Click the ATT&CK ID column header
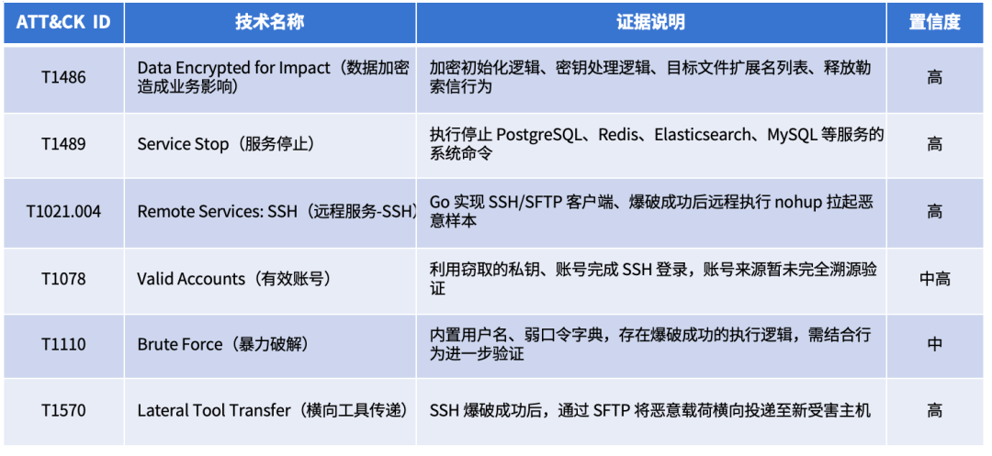click(63, 22)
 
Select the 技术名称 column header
click(270, 22)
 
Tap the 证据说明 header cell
click(651, 22)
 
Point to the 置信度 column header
click(935, 22)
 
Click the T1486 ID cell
click(63, 78)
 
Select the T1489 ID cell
click(63, 145)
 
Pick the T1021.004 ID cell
click(63, 212)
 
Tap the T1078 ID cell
click(63, 279)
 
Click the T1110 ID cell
click(63, 345)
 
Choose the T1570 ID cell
click(63, 411)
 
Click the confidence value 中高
click(935, 279)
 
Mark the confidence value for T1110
click(935, 345)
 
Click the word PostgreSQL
click(539, 135)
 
